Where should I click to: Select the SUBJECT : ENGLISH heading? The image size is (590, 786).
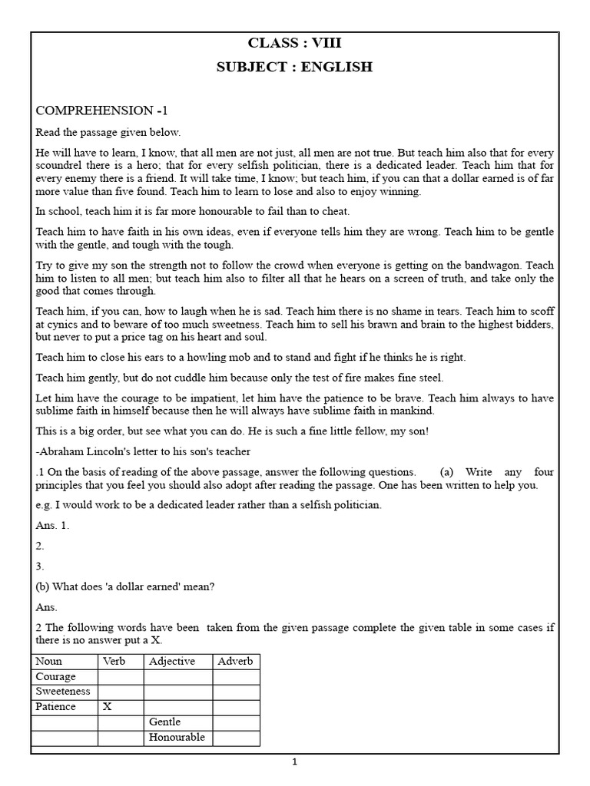(295, 67)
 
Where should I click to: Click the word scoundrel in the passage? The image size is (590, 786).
(62, 166)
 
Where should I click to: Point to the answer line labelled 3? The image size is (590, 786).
(40, 566)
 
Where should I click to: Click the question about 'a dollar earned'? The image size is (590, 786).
(125, 587)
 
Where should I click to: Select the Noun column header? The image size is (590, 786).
(49, 662)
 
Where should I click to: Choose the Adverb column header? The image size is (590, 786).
(236, 662)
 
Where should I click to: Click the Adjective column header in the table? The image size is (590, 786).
(172, 662)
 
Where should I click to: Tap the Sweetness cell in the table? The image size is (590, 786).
(62, 692)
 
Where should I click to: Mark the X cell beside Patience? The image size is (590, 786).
(108, 706)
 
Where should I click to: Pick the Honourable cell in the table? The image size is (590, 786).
(177, 737)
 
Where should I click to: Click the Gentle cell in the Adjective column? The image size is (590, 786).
(166, 722)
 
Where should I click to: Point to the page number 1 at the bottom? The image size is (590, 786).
(294, 763)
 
